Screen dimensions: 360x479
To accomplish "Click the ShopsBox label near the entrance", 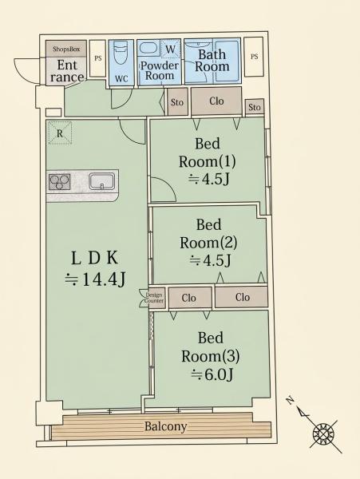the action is [x=66, y=49].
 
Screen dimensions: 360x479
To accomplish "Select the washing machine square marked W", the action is [x=171, y=49].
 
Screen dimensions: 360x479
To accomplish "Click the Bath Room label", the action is [x=212, y=61].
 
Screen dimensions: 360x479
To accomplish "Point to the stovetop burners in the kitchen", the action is [x=60, y=182].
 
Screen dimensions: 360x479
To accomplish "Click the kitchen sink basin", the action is [x=102, y=181].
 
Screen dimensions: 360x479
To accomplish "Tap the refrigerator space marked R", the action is [x=60, y=133].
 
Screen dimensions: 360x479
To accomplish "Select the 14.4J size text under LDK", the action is [x=95, y=279].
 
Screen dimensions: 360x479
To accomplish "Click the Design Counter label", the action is [x=154, y=298].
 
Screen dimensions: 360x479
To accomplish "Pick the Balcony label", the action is [x=165, y=426].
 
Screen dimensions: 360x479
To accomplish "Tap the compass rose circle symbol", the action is [x=323, y=434].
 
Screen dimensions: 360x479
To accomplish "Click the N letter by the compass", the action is [x=291, y=400].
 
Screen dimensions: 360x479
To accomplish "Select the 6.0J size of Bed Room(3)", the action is [x=212, y=374].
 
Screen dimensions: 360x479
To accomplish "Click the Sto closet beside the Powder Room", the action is [x=177, y=101].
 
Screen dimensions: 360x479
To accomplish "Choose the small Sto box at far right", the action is [x=255, y=107].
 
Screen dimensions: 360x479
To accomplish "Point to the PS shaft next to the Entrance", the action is [x=98, y=58].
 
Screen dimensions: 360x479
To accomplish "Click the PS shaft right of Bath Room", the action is [x=254, y=57].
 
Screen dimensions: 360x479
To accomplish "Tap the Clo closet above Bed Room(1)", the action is [x=216, y=101].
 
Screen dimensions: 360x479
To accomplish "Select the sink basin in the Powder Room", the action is [x=148, y=48].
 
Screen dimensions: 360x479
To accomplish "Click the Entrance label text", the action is [x=67, y=71].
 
